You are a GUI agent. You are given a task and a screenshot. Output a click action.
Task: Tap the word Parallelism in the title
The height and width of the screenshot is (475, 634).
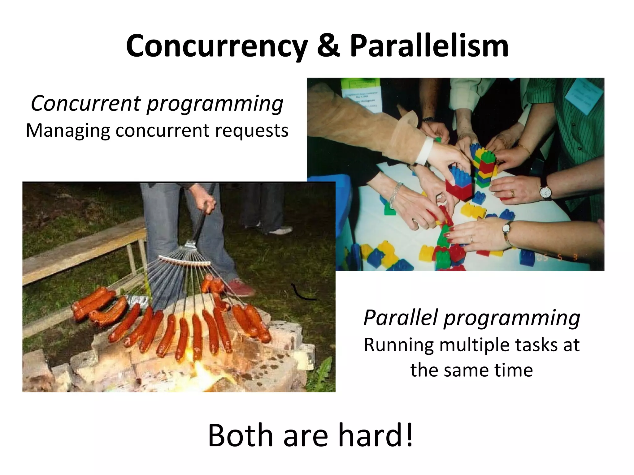(429, 46)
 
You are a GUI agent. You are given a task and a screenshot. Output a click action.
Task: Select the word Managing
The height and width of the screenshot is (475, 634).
(67, 131)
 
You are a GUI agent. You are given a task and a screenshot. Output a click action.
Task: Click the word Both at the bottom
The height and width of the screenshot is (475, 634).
(241, 435)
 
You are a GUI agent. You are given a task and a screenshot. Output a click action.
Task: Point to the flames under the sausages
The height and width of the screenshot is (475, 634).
(198, 368)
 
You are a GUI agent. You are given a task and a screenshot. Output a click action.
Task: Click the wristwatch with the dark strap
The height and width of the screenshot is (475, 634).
(545, 192)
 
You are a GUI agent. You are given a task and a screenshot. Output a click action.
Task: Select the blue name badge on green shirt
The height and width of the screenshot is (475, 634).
(582, 94)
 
